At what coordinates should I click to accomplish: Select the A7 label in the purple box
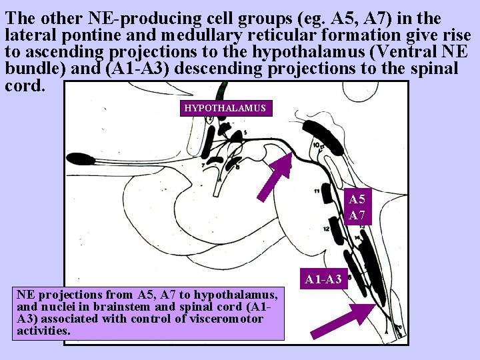pos(357,215)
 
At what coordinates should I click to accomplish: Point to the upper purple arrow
pos(275,179)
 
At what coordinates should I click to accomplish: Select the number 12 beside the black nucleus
pos(325,229)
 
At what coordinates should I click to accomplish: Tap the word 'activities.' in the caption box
pos(43,330)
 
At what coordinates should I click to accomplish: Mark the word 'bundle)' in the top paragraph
pos(31,69)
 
